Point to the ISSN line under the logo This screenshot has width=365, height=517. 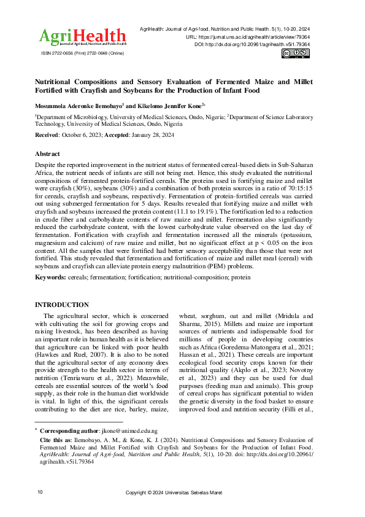point(80,54)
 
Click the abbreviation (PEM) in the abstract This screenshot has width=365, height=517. point(272,267)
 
